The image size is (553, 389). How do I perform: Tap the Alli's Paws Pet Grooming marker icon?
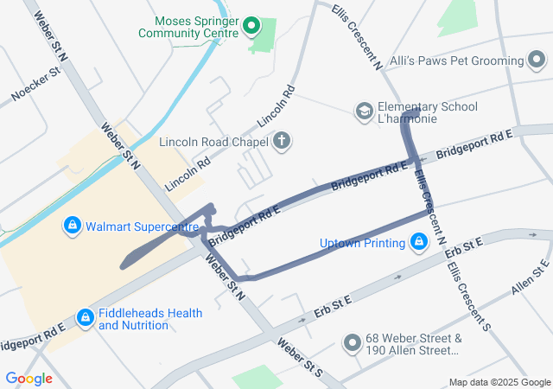[537, 61]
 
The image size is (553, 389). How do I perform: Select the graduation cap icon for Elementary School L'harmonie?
[365, 112]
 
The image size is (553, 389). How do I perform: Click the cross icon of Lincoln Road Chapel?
[282, 141]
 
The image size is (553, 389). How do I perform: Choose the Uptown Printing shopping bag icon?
[418, 241]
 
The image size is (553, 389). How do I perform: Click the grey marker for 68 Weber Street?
[352, 343]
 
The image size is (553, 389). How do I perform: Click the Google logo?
[29, 379]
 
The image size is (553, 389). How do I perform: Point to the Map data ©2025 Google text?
[499, 382]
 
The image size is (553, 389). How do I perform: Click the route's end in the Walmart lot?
[125, 262]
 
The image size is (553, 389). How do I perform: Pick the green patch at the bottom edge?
[257, 378]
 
